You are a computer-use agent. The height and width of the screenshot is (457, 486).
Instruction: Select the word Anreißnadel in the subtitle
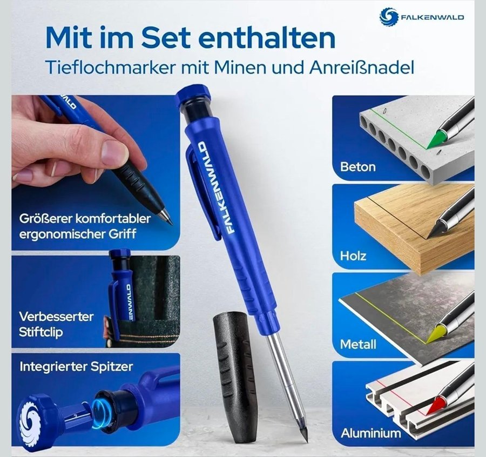[x=361, y=68]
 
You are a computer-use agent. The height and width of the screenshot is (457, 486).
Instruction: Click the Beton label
[x=357, y=167]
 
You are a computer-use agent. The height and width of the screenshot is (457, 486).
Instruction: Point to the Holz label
[x=353, y=256]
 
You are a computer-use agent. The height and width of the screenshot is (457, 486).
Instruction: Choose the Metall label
[x=358, y=344]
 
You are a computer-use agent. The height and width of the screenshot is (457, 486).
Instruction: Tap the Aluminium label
[x=370, y=433]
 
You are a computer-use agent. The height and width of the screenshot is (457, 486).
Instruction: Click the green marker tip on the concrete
[x=436, y=139]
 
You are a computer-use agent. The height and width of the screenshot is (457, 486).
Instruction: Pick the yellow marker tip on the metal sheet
[x=435, y=333]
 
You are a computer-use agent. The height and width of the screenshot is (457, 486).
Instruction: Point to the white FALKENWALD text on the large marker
[x=214, y=188]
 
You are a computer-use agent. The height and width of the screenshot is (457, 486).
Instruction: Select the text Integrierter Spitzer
[x=76, y=366]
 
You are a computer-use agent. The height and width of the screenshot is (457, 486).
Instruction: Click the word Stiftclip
[x=40, y=332]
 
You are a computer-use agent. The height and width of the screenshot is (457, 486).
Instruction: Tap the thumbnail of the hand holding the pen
[x=96, y=172]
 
